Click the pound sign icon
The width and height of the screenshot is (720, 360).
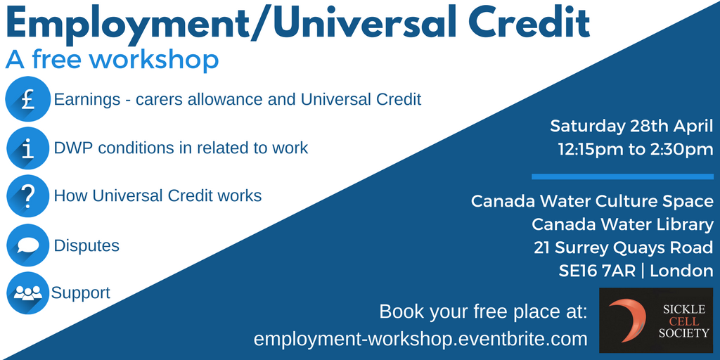27,98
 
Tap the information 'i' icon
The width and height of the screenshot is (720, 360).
27,148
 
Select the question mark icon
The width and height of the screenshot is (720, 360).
27,196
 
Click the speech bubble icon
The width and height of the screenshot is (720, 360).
27,245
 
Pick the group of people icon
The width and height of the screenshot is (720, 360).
27,293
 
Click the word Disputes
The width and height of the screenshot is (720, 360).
86,245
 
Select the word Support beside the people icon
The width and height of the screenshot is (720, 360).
81,293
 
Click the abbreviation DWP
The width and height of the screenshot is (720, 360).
72,148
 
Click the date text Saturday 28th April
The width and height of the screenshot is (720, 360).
631,126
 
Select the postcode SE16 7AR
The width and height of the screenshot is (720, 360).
597,271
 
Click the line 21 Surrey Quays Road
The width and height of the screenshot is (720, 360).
623,248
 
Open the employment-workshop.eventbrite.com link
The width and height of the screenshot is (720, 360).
420,340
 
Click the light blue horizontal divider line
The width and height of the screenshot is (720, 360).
623,176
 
